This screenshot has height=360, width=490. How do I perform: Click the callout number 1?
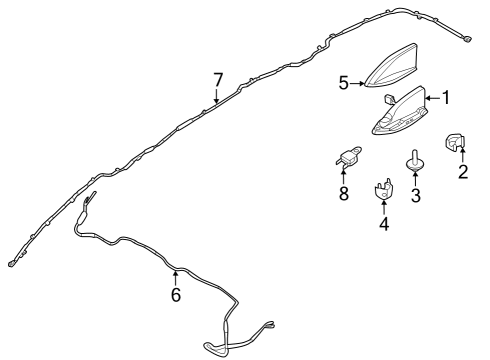445,98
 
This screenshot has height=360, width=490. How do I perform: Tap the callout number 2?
463,172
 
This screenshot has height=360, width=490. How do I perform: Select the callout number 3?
415,195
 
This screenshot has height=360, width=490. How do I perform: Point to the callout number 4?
384,224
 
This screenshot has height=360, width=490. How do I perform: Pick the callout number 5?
344,83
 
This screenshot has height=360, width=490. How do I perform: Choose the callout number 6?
176,295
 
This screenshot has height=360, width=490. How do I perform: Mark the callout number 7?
217,80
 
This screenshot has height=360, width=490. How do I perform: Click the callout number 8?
344,194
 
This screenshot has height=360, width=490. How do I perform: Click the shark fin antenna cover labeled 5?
391,67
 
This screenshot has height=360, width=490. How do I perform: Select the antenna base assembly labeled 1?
400,112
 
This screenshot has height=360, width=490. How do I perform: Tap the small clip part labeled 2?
455,141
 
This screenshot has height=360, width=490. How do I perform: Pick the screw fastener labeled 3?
415,161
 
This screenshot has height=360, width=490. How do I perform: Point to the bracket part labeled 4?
384,190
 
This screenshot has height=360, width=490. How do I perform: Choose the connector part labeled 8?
348,156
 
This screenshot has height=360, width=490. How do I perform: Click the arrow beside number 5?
357,83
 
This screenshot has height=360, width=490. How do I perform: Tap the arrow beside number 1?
433,98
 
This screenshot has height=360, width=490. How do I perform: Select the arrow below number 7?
217,96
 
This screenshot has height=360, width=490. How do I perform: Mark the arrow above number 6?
175,278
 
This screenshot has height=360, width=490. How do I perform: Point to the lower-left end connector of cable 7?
11,264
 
